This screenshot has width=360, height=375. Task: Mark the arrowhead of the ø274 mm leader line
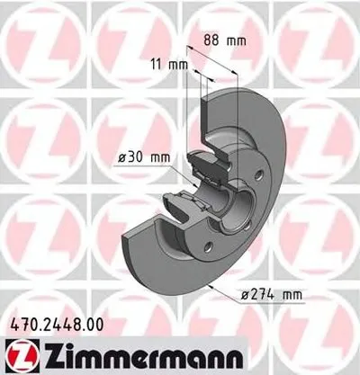pyautogui.click(x=208, y=282)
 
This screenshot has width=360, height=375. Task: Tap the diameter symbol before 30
pyautogui.click(x=121, y=159)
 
